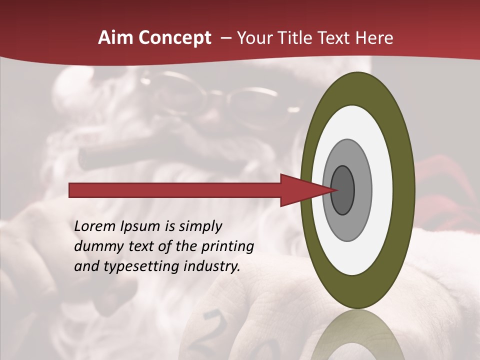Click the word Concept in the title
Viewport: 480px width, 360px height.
click(x=175, y=38)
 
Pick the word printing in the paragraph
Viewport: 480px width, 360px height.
click(x=227, y=246)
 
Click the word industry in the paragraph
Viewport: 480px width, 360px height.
click(x=212, y=266)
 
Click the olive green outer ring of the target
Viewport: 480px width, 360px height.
click(x=404, y=190)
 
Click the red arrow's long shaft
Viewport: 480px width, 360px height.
click(x=175, y=190)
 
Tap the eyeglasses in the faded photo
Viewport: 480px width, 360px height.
click(x=240, y=100)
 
